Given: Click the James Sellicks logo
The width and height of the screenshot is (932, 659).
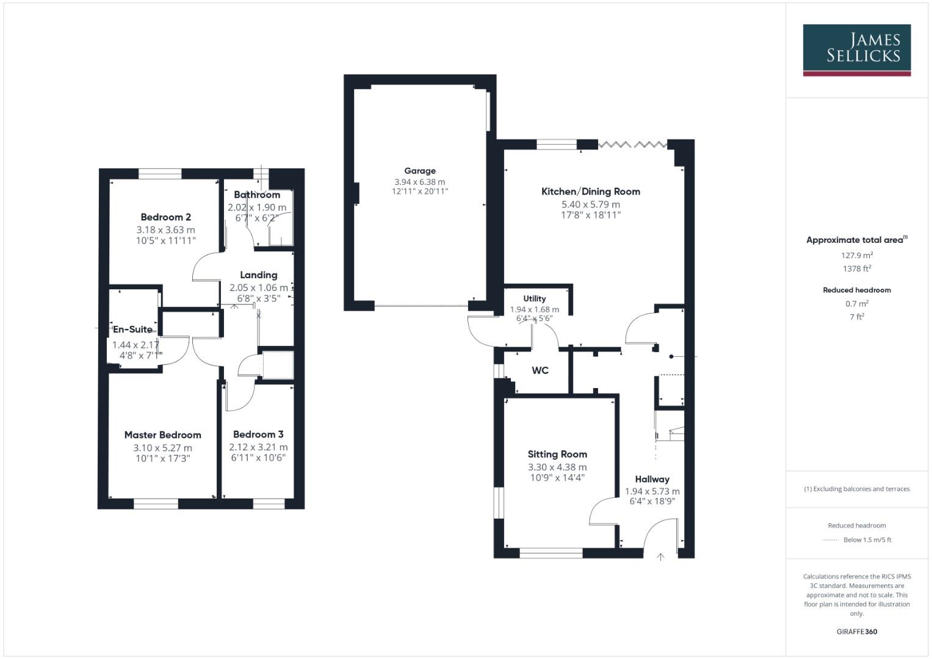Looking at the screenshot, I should (x=856, y=49).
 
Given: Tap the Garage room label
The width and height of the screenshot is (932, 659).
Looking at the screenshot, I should (x=420, y=171).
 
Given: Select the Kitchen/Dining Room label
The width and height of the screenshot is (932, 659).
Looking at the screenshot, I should (x=590, y=192).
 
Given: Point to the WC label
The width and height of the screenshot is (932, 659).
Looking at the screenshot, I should (x=540, y=370).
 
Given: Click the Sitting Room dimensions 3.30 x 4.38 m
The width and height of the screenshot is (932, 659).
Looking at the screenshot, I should (x=557, y=467).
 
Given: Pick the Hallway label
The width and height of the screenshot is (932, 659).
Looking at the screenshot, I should (x=652, y=480).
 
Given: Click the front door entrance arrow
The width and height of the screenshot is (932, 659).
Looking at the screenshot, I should (x=660, y=556).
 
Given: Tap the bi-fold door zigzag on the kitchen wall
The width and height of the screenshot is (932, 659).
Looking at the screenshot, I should (x=633, y=145).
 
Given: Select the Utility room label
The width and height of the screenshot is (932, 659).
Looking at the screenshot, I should (x=534, y=298).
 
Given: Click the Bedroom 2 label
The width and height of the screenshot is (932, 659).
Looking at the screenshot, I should (x=165, y=217).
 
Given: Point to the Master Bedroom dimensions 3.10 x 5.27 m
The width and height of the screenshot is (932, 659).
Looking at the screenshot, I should (x=162, y=448).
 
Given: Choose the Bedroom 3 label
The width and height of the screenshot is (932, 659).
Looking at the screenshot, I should (x=258, y=434).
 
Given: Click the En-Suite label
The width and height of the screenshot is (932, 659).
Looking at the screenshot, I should (x=132, y=329).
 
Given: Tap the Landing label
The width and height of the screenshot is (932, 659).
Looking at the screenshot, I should (x=258, y=275).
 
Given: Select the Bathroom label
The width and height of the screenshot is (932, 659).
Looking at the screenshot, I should (x=257, y=195).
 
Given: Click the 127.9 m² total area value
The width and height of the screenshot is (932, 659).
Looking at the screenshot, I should (x=856, y=256).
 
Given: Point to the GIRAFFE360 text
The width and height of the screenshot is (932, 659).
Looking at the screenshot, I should (x=856, y=632).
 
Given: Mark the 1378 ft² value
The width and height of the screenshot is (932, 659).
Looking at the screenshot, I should (x=856, y=268).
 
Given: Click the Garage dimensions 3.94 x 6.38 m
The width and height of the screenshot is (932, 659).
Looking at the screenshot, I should (x=419, y=182).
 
